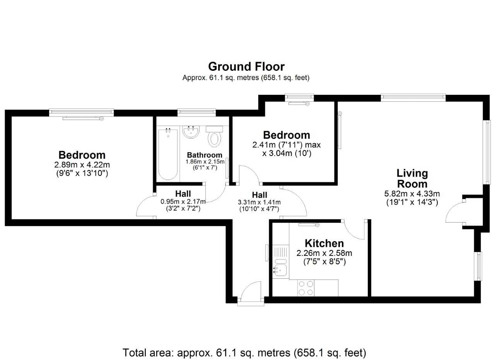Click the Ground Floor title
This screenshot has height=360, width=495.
(x=246, y=67)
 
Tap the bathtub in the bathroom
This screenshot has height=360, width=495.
(x=168, y=154)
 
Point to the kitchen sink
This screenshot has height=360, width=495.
(x=280, y=268)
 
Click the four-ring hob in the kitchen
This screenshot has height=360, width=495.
(x=306, y=288)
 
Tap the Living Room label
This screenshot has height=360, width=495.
(x=412, y=178)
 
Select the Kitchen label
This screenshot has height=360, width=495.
(x=324, y=243)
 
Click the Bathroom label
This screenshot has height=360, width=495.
(x=205, y=155)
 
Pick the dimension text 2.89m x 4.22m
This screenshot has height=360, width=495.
(x=82, y=165)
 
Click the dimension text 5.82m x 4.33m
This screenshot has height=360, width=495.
(x=412, y=194)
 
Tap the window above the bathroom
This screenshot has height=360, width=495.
(x=196, y=112)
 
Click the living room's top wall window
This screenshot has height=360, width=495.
(x=413, y=98)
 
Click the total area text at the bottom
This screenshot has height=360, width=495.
(x=244, y=353)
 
